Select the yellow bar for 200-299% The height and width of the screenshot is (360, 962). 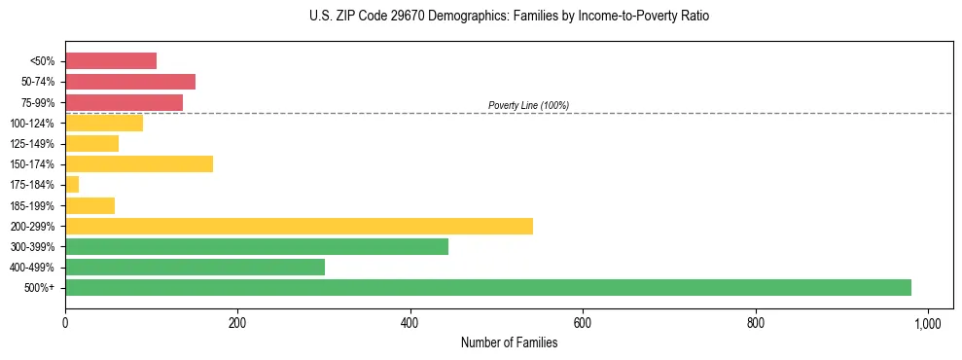click(x=299, y=226)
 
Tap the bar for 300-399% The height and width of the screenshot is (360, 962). click(x=257, y=246)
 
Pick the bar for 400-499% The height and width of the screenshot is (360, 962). click(x=195, y=267)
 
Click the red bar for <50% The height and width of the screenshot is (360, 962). click(x=111, y=61)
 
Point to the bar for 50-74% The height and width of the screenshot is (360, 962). click(x=130, y=82)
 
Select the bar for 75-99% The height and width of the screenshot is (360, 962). click(x=124, y=102)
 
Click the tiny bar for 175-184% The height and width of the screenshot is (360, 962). click(x=72, y=184)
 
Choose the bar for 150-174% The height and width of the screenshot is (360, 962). click(x=139, y=163)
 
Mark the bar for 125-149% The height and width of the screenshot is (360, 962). click(x=91, y=143)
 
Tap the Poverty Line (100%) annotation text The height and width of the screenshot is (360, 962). click(x=528, y=105)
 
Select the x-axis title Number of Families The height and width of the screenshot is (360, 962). click(x=509, y=342)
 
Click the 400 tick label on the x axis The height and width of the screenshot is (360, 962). click(x=410, y=323)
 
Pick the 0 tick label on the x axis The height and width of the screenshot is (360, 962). click(x=65, y=323)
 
